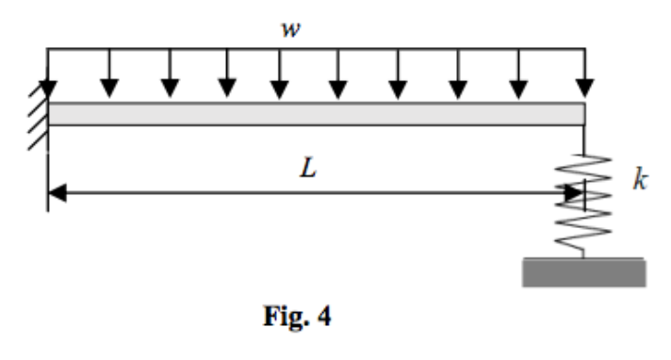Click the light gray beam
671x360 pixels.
(316, 114)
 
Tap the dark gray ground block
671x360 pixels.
(583, 272)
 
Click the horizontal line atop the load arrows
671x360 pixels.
(316, 46)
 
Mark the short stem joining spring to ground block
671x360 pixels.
(583, 253)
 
